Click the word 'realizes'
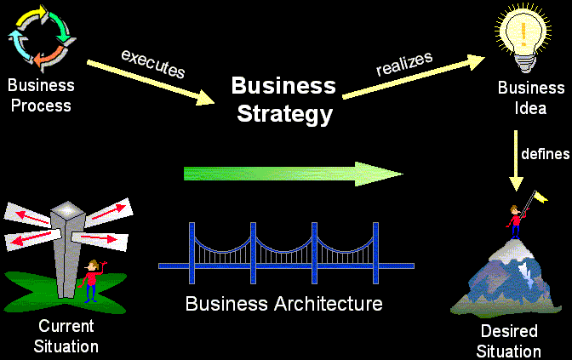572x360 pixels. coord(404,64)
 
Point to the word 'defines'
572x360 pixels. coord(546,154)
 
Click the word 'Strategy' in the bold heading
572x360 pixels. coord(284,113)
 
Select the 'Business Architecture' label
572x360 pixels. coord(284,303)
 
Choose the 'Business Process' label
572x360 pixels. coord(40,95)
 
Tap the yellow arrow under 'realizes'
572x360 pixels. coord(408,79)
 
